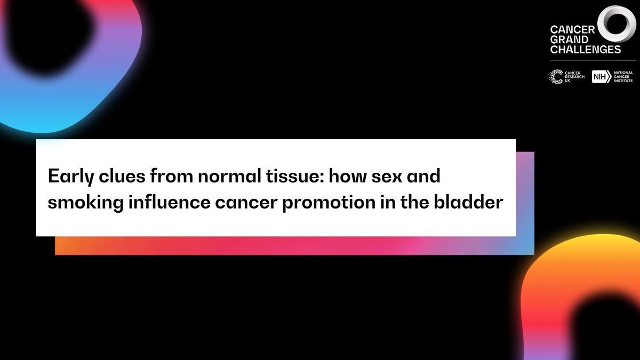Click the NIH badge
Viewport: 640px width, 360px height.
click(601, 77)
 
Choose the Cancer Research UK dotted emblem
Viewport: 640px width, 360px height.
click(556, 77)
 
